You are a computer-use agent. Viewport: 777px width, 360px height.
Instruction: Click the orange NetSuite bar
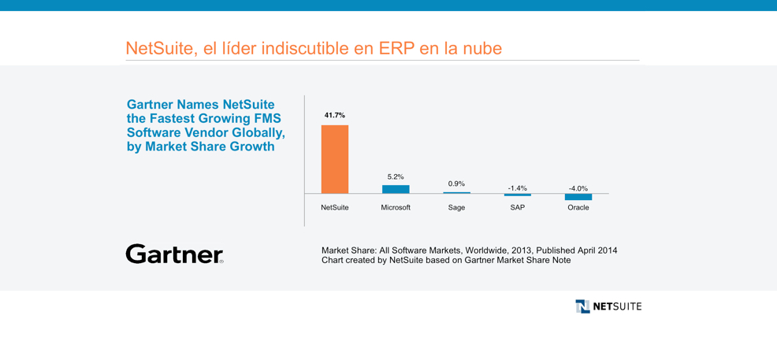pos(335,159)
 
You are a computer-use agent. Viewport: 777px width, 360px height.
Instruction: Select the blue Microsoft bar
pos(396,189)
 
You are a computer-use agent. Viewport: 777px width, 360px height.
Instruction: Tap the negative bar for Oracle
pos(578,197)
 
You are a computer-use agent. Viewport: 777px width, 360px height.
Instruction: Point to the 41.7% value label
pos(335,115)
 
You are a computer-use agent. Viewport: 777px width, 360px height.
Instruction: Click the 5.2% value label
pos(396,176)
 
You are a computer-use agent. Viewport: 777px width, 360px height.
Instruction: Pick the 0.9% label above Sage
pos(456,184)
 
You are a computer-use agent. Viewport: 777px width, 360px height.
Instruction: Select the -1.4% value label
pos(517,188)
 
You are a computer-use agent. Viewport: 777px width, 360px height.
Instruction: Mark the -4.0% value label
pos(578,188)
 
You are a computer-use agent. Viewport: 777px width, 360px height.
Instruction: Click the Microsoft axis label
pos(396,207)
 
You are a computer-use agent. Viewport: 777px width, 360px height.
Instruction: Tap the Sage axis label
pos(456,208)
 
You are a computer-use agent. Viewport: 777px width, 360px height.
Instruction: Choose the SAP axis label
pos(517,207)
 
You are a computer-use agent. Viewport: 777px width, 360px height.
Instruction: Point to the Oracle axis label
pos(578,207)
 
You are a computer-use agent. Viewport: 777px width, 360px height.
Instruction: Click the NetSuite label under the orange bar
pos(335,207)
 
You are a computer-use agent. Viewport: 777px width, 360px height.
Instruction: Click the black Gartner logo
pos(174,254)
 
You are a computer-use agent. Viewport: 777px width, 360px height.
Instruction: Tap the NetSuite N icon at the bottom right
pos(583,306)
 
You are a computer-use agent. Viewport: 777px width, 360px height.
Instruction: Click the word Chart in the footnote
pos(331,261)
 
